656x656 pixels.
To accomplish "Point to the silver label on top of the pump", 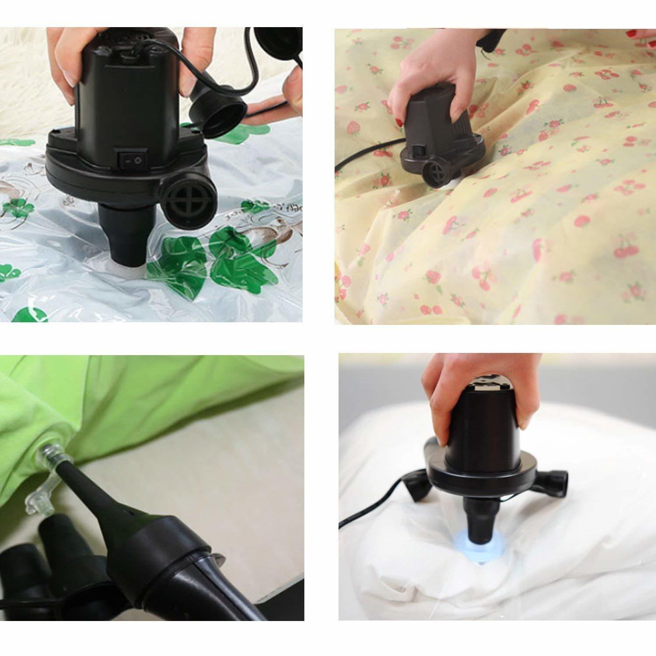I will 494,385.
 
